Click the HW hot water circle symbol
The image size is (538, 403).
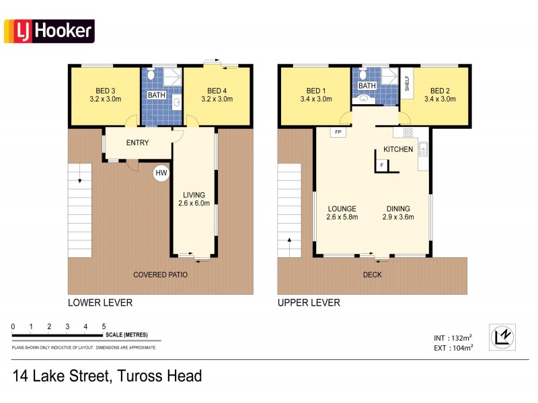[161, 173]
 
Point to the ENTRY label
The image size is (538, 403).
[137, 143]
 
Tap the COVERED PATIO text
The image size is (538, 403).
[160, 275]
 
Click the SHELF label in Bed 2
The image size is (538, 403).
[407, 83]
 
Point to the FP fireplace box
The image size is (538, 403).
[338, 132]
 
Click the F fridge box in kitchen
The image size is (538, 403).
[382, 165]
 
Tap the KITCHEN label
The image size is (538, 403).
[398, 149]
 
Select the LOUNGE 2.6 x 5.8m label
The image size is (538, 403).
[342, 212]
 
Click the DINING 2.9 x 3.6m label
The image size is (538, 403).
[398, 212]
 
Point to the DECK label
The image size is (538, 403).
[372, 275]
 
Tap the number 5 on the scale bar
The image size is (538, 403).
[104, 326]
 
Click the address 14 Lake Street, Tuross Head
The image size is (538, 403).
[108, 376]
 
